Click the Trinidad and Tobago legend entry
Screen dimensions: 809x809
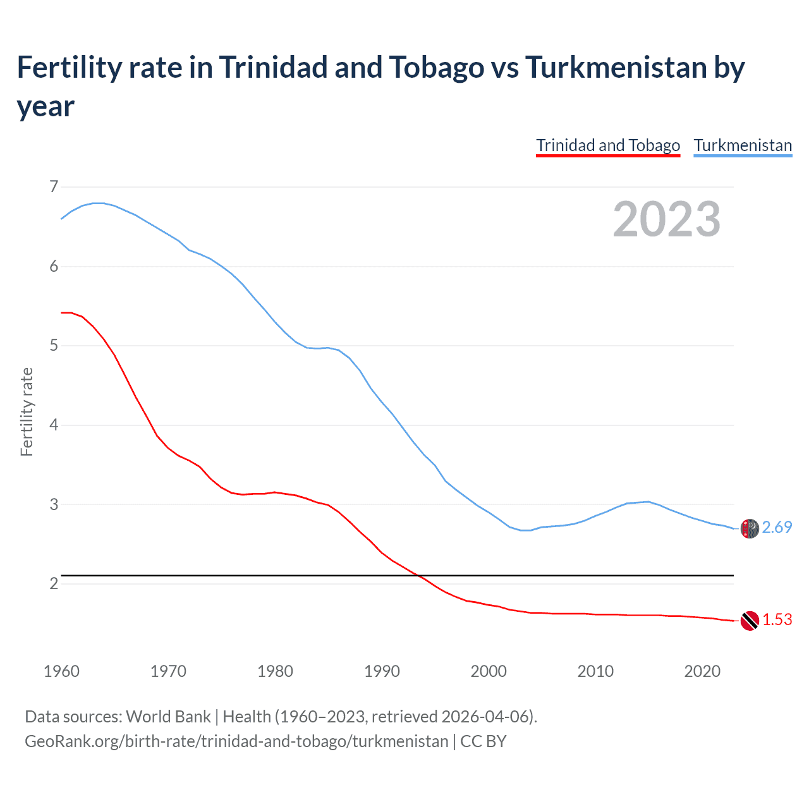608,145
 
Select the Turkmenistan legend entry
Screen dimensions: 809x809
743,145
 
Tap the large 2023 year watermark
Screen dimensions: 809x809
667,219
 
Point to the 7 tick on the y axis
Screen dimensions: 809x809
54,186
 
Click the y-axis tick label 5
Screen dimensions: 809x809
54,345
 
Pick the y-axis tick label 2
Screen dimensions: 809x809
54,583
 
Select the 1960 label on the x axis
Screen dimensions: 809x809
61,671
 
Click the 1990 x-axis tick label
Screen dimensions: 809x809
382,671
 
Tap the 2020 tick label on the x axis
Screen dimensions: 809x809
702,671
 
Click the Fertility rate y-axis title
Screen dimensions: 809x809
27,411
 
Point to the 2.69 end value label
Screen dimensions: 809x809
777,527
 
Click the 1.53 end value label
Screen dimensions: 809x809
777,619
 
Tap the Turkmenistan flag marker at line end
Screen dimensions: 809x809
750,528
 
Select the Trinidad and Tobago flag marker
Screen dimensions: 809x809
750,621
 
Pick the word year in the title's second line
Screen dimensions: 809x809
46,106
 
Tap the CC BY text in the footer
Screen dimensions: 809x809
484,741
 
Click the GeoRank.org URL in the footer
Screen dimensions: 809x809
236,741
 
